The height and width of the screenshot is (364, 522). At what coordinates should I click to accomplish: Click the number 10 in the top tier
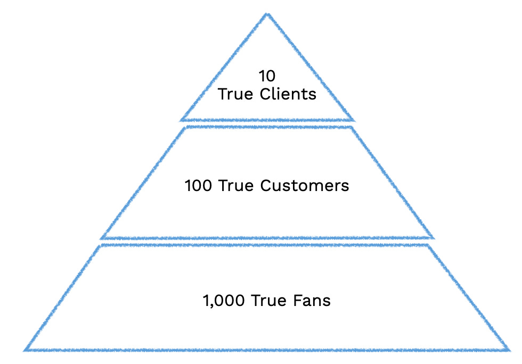(267, 76)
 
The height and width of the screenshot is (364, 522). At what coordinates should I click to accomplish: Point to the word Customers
(305, 186)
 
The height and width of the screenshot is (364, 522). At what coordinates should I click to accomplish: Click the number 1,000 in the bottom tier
(224, 300)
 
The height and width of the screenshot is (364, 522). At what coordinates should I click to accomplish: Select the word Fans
(312, 300)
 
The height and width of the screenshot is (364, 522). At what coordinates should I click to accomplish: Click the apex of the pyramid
(267, 14)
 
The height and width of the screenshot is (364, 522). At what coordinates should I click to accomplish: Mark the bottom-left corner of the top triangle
(182, 120)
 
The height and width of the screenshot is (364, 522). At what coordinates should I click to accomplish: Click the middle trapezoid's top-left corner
(185, 127)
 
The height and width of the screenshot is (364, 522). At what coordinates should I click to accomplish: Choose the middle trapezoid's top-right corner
(349, 127)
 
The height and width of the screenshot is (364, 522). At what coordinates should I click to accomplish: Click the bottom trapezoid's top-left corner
(101, 245)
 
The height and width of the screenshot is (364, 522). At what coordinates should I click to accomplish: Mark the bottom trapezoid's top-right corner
(429, 245)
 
